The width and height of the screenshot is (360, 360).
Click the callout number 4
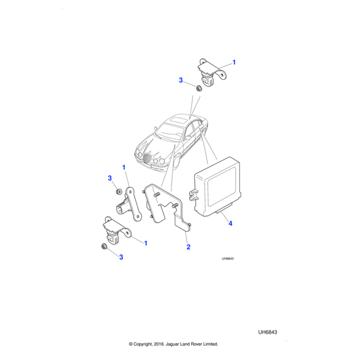click(x=230, y=223)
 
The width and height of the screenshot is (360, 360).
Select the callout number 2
click(x=188, y=247)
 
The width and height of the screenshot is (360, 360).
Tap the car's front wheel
click(x=176, y=161)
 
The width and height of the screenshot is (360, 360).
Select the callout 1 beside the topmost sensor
click(x=234, y=62)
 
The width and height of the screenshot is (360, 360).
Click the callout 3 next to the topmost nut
click(x=181, y=80)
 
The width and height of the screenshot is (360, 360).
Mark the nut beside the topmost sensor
click(x=199, y=88)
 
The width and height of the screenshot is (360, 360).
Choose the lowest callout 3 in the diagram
click(x=121, y=257)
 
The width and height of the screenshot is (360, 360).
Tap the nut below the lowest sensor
click(x=104, y=247)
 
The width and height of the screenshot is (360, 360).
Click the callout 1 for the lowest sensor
click(x=146, y=243)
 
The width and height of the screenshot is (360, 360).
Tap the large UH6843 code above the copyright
click(x=268, y=332)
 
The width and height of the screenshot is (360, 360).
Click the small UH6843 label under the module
click(x=227, y=259)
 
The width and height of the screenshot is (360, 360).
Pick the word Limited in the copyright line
click(x=211, y=344)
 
